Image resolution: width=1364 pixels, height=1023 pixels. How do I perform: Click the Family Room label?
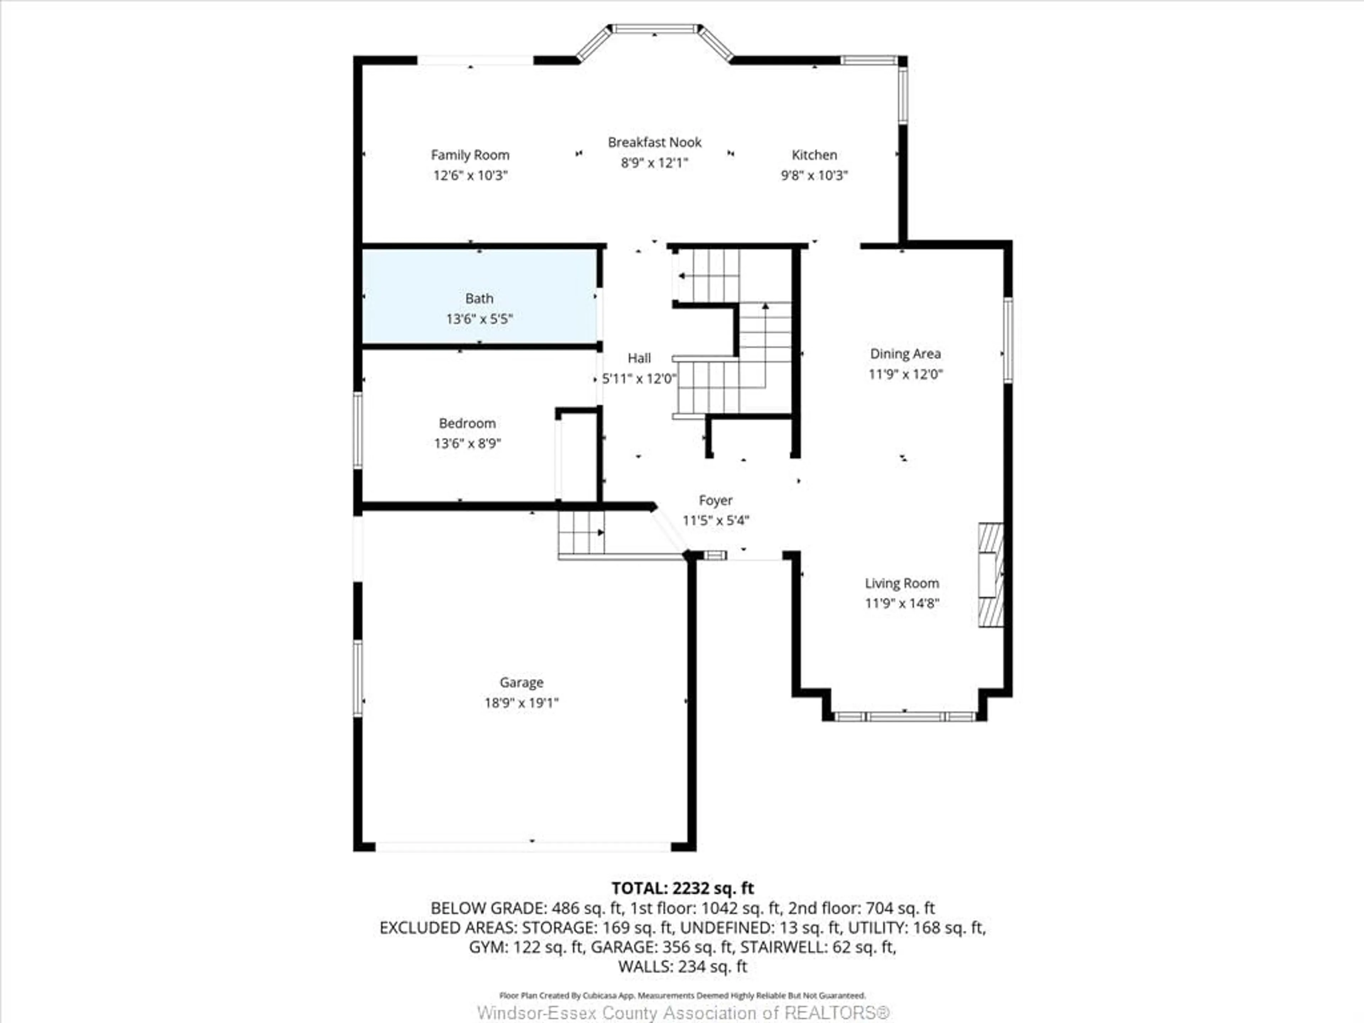pos(470,155)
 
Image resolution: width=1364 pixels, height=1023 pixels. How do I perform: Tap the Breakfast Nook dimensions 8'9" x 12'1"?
pos(654,163)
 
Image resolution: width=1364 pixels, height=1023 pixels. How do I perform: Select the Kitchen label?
pos(814,155)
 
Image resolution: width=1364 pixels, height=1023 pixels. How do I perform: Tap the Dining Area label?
pos(905,353)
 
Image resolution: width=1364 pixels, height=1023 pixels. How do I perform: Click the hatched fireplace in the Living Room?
pos(990,575)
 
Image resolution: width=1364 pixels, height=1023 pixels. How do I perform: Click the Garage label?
pos(521,682)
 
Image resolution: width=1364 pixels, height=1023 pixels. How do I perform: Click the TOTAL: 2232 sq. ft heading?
pos(682,888)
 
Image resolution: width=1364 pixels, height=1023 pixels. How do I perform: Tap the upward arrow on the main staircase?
pos(765,307)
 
